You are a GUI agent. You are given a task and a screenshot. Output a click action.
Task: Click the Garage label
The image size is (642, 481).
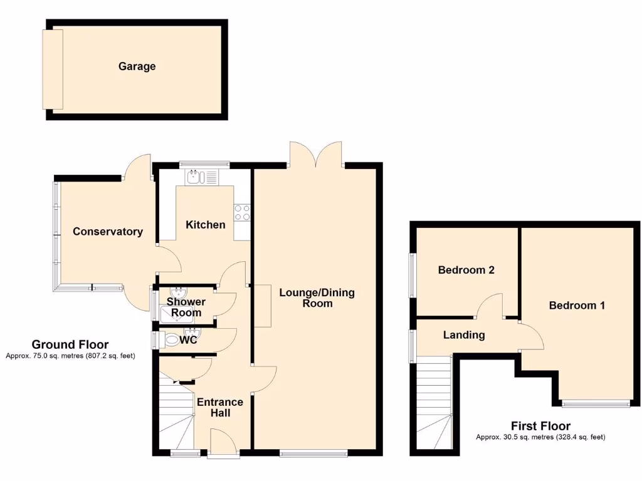137,66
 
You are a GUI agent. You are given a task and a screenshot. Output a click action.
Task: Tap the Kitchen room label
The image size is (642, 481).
206,225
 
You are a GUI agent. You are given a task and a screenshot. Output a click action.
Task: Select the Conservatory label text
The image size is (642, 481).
108,232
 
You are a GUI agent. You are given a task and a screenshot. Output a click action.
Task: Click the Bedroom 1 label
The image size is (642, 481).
577,306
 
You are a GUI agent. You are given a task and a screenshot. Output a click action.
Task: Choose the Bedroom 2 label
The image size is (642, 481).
466,271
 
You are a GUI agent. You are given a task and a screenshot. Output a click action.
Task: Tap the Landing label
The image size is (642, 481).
464,335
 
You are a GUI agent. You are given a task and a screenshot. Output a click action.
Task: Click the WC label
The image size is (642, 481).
189,341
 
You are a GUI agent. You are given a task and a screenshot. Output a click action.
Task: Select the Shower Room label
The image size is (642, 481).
186,308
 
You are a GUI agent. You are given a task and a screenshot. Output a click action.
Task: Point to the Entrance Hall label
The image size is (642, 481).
220,408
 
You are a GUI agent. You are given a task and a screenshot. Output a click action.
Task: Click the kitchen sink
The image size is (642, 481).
201,177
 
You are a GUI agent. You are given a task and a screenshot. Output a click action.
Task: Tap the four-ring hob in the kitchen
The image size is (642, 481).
242,213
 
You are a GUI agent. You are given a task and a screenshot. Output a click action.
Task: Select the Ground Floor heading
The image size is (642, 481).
70,344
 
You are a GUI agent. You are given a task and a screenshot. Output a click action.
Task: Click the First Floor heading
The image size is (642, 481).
540,427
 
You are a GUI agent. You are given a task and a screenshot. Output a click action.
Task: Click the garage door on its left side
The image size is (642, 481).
53,69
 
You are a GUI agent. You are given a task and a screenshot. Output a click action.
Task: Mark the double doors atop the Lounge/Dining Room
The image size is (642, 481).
316,155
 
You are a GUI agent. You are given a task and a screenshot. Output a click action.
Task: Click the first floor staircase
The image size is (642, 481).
433,401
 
